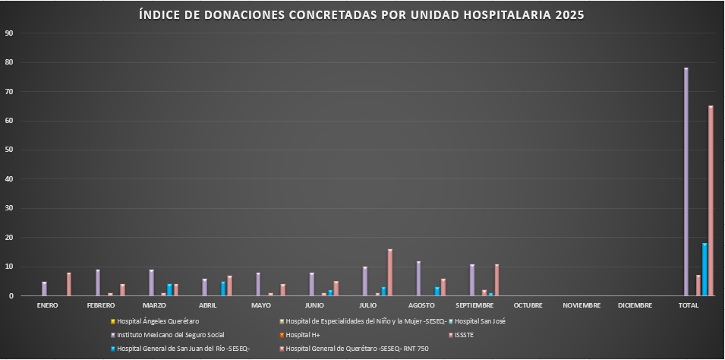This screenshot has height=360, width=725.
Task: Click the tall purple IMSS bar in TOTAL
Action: (x=686, y=182)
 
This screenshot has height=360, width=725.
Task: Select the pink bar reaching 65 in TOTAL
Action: (x=711, y=201)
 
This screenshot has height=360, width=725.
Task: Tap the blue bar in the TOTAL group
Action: (x=705, y=270)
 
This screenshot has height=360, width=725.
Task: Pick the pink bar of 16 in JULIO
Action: (x=390, y=273)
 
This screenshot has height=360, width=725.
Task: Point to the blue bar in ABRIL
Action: (x=223, y=289)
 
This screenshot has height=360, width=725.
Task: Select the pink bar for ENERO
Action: (x=69, y=285)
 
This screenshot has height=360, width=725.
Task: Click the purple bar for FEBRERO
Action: (x=98, y=283)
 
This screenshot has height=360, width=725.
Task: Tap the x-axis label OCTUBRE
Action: (x=528, y=305)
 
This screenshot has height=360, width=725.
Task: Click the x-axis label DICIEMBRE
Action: (x=635, y=305)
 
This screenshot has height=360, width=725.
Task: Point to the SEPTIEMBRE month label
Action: (x=474, y=305)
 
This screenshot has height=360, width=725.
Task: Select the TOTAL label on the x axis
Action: (x=689, y=305)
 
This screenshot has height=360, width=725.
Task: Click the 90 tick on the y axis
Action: (x=9, y=33)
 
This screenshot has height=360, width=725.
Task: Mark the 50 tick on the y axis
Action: (x=9, y=150)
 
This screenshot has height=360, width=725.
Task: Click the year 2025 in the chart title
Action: (x=570, y=15)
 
